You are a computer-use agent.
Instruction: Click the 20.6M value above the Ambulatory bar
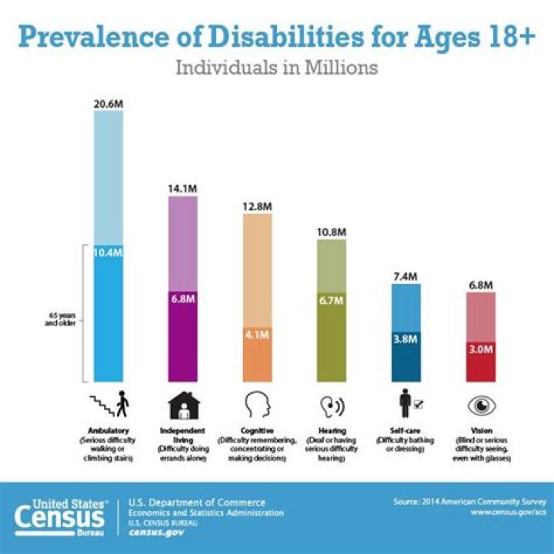click(x=108, y=103)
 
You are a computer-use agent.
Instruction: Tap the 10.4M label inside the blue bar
click(x=108, y=252)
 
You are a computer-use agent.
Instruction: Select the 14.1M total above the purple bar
click(x=182, y=189)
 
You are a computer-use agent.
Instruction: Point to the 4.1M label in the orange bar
click(x=257, y=335)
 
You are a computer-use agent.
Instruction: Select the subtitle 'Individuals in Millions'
click(x=276, y=68)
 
